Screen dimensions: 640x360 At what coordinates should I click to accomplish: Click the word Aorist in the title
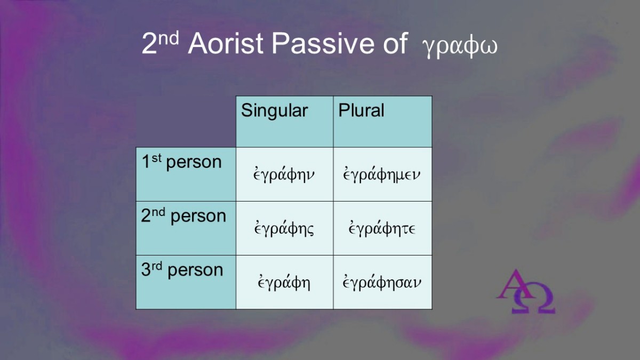pyautogui.click(x=226, y=43)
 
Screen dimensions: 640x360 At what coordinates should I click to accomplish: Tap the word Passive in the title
pyautogui.click(x=323, y=43)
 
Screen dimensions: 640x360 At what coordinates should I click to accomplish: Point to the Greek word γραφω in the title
pyautogui.click(x=460, y=47)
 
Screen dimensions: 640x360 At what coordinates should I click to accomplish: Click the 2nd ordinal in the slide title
pyautogui.click(x=161, y=42)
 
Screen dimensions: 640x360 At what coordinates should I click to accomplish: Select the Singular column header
pyautogui.click(x=274, y=110)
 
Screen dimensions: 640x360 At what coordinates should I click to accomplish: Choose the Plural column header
pyautogui.click(x=361, y=110)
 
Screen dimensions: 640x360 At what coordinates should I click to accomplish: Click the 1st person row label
pyautogui.click(x=182, y=162)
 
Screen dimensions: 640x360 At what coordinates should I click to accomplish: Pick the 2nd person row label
pyautogui.click(x=183, y=215)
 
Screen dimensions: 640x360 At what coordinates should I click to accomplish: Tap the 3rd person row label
pyautogui.click(x=182, y=270)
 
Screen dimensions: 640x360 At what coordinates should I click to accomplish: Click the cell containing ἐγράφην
pyautogui.click(x=284, y=174)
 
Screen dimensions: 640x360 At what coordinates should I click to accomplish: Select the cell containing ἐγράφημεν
pyautogui.click(x=382, y=174)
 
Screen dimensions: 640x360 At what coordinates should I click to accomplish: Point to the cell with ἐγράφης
pyautogui.click(x=284, y=228)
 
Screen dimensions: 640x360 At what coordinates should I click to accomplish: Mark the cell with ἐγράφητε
pyautogui.click(x=382, y=228)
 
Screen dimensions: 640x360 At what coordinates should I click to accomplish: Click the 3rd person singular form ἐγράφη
pyautogui.click(x=284, y=282)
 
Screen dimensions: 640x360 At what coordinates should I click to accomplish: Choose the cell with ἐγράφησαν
pyautogui.click(x=382, y=282)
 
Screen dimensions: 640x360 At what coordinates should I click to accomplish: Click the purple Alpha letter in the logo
pyautogui.click(x=514, y=284)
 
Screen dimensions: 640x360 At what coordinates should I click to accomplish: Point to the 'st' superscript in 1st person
pyautogui.click(x=157, y=158)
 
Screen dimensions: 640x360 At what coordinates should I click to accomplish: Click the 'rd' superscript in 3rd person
pyautogui.click(x=157, y=266)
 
